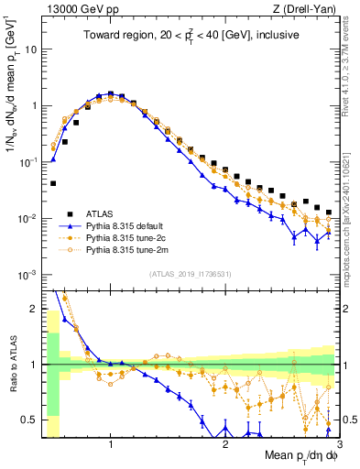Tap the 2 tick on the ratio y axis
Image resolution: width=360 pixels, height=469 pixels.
[36, 308]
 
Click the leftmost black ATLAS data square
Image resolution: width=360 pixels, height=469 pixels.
[53, 183]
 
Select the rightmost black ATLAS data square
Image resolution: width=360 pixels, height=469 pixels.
[329, 212]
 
